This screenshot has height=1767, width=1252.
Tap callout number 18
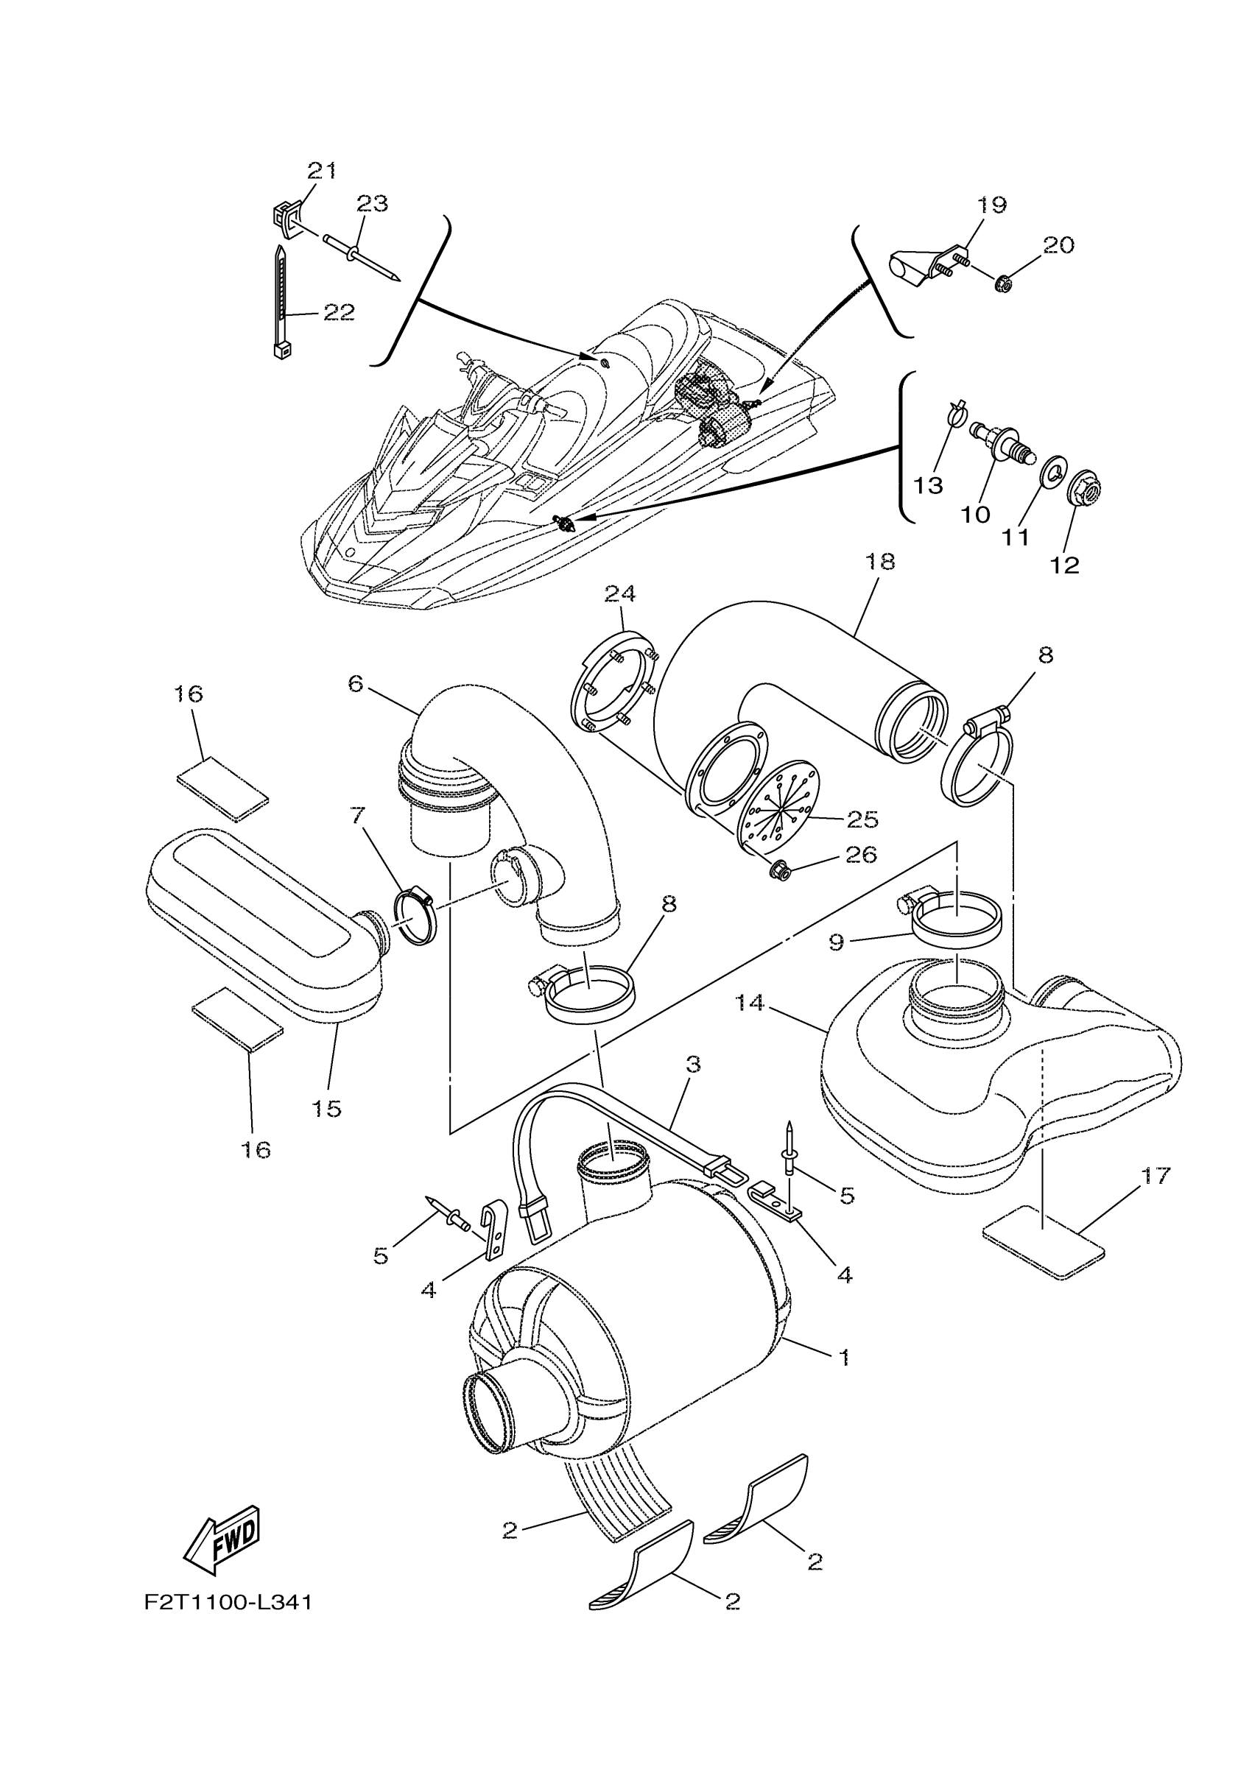pyautogui.click(x=880, y=562)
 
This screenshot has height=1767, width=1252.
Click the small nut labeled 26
pyautogui.click(x=780, y=871)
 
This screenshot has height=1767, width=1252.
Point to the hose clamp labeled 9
pyautogui.click(x=956, y=915)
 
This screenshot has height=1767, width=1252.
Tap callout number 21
pyautogui.click(x=323, y=170)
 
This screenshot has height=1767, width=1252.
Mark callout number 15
pyautogui.click(x=327, y=1108)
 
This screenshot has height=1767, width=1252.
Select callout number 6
pyautogui.click(x=356, y=683)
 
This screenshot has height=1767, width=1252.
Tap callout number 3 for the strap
pyautogui.click(x=692, y=1064)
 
